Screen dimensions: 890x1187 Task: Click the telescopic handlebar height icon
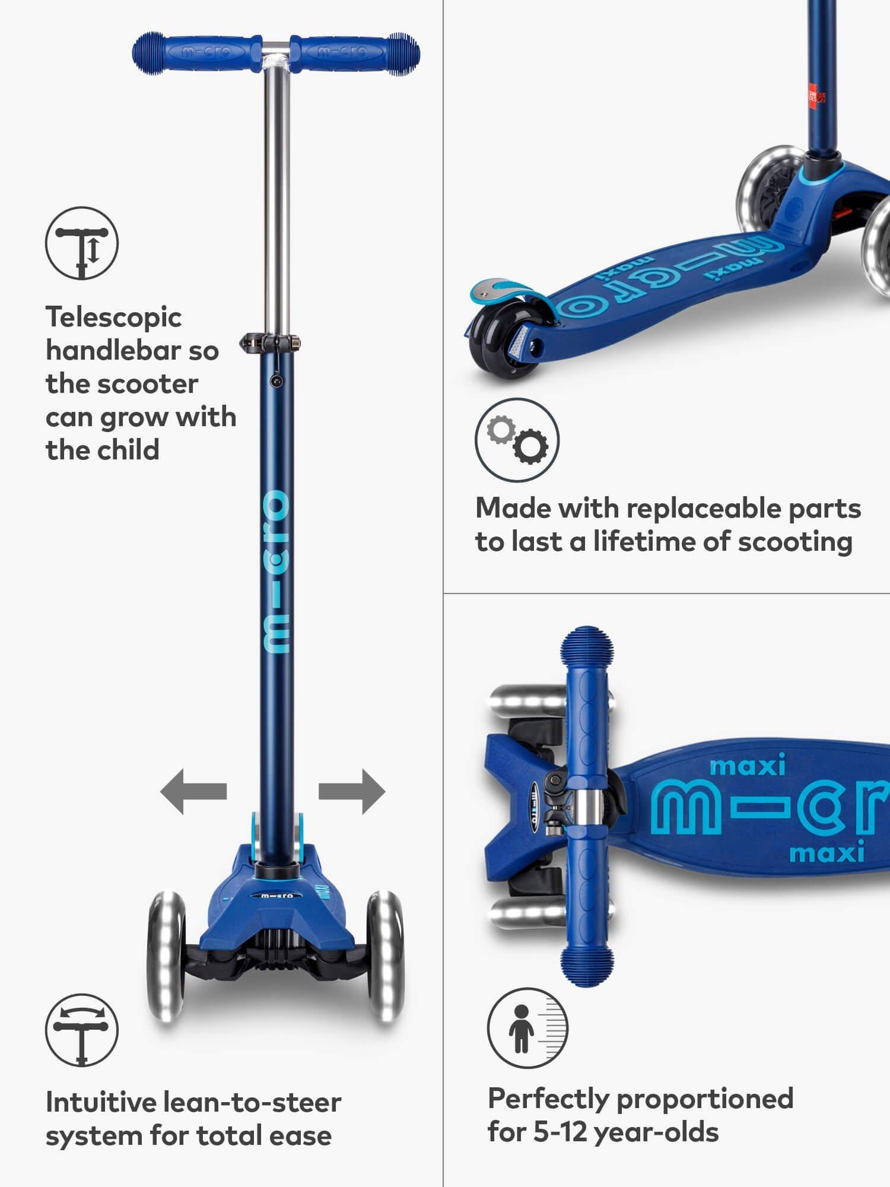pyautogui.click(x=82, y=243)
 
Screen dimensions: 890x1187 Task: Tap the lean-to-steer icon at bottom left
pyautogui.click(x=82, y=1030)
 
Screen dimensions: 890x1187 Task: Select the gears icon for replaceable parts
pyautogui.click(x=517, y=440)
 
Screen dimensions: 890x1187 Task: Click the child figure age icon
pyautogui.click(x=527, y=1029)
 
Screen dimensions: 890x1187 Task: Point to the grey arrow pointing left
pyautogui.click(x=193, y=792)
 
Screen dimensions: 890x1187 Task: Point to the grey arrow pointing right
pyautogui.click(x=352, y=792)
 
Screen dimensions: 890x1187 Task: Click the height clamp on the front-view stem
pyautogui.click(x=270, y=342)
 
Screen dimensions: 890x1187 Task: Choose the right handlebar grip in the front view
pyautogui.click(x=355, y=53)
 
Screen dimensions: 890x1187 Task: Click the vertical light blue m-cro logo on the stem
pyautogui.click(x=276, y=572)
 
